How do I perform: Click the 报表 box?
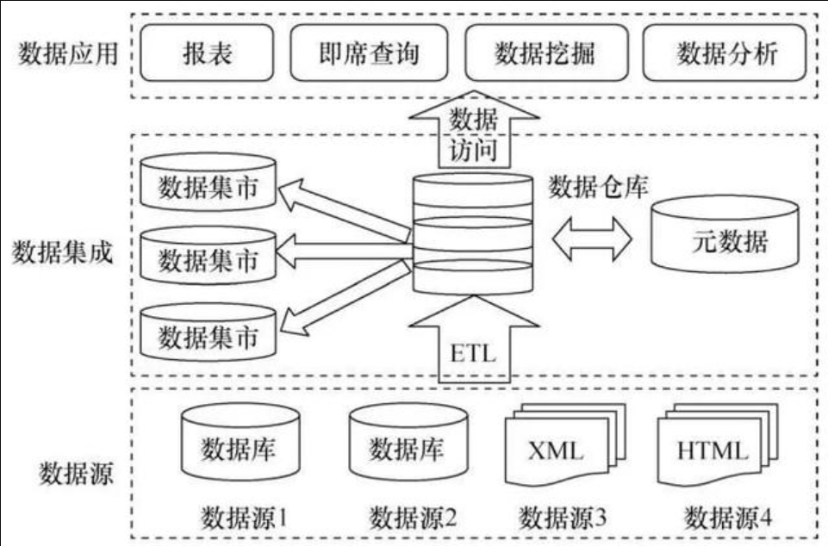[x=207, y=53]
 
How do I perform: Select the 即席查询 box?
[x=369, y=53]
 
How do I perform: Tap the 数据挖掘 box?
[x=546, y=53]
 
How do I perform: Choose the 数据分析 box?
[x=725, y=53]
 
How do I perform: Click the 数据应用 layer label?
[x=68, y=53]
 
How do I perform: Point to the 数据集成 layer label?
[x=62, y=251]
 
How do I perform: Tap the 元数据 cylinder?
[x=725, y=234]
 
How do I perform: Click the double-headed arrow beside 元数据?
[x=592, y=239]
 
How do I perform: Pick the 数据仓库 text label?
[x=598, y=187]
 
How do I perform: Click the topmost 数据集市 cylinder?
[x=208, y=183]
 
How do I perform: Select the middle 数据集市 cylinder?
[x=208, y=256]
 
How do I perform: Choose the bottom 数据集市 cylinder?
[x=208, y=332]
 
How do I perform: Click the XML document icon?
[x=565, y=444]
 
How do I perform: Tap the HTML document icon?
[x=718, y=444]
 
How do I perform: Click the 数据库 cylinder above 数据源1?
[x=240, y=443]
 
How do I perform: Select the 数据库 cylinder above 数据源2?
[x=408, y=443]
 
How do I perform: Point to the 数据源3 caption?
[x=563, y=518]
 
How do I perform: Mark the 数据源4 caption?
[x=728, y=518]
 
